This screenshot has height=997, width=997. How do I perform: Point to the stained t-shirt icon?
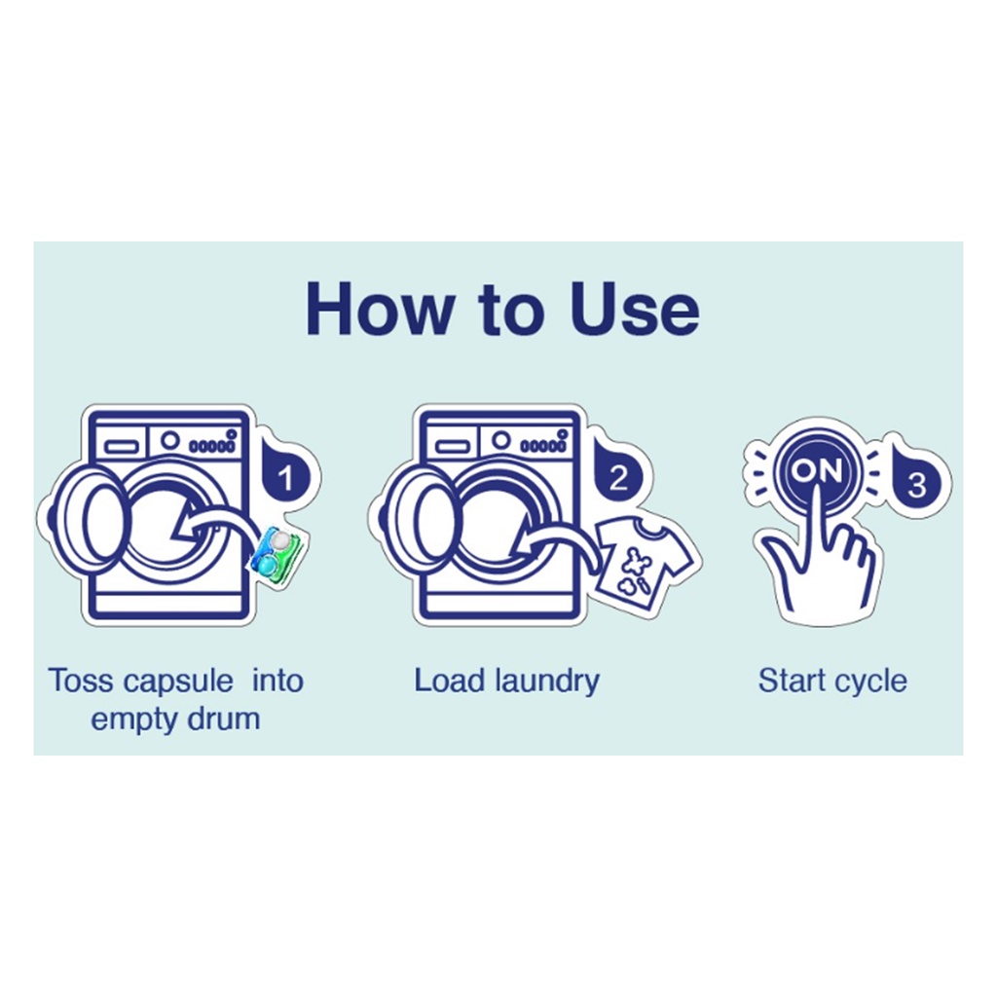click(645, 558)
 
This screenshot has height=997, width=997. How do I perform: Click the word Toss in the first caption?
click(82, 681)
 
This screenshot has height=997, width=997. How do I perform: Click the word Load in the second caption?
click(450, 681)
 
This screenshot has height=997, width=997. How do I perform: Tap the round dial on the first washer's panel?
click(169, 439)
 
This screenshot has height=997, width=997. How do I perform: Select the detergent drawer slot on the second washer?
click(453, 447)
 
